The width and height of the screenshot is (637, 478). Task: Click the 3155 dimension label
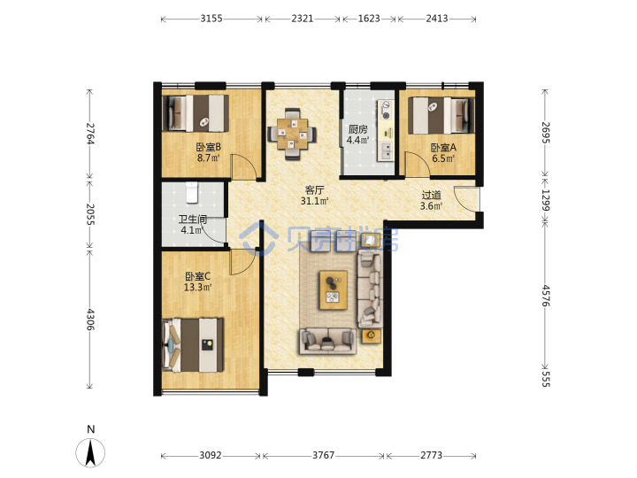pos(211,19)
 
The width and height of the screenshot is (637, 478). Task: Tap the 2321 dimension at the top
pos(303,19)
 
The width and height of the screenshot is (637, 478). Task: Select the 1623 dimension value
pos(369,19)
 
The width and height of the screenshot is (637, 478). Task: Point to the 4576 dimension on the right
pos(546,296)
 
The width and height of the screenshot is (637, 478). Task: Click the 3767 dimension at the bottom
pos(324,455)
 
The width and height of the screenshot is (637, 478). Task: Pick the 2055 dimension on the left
pos(90,214)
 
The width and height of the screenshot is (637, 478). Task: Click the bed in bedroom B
pos(196,113)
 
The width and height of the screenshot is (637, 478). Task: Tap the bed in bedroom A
pos(441,115)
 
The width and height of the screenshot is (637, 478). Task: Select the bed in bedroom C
pos(193,345)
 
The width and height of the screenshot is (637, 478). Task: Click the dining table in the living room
pos(292,134)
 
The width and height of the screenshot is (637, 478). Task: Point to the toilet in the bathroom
pos(192,193)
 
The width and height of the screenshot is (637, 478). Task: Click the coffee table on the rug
pos(334,290)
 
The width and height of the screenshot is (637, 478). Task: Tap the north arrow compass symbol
pos(90,452)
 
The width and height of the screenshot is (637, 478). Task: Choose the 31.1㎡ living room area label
pos(314,201)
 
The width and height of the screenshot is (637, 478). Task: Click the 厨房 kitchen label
pos(358,129)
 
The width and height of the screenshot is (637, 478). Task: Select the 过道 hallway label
pos(431,196)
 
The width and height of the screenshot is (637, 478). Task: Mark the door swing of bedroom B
pos(244,166)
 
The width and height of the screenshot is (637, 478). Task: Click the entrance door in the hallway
pos(466,199)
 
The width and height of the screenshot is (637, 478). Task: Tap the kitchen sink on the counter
pos(386,150)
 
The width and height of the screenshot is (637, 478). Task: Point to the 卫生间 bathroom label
pos(193,220)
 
